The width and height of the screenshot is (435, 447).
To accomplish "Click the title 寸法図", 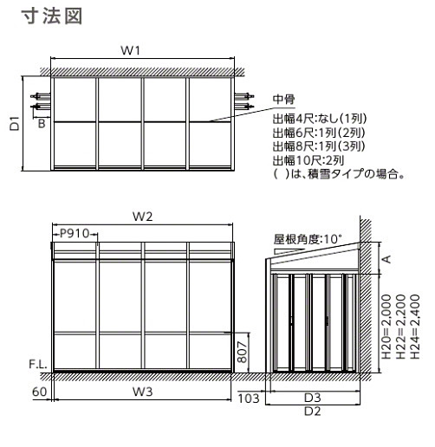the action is point(52,16).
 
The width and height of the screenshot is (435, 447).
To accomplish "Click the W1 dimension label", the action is point(131,50).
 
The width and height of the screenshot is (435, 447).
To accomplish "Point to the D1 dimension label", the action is point(15,124).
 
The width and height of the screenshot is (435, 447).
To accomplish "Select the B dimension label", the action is point(42,124).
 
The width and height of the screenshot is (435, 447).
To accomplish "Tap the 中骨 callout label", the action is point(284,100).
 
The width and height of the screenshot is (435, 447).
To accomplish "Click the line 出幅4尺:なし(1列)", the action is point(320,119).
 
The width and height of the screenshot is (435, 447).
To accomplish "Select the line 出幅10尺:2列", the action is point(308,160).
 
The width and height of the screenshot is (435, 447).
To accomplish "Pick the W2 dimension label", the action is point(142,217).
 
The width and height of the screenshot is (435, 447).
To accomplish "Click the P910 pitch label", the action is point(75,233).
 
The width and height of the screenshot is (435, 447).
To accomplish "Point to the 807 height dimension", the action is point(243,352).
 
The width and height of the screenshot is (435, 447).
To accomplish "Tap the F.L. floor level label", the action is point(38,365).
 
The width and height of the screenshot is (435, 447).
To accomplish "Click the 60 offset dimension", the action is point(39,392).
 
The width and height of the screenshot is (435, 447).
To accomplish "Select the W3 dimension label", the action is point(142,392).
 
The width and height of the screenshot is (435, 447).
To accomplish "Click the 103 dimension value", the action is point(249,398).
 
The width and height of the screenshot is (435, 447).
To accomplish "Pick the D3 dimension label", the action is point(313,398).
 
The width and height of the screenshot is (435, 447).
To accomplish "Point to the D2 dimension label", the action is point(313,411).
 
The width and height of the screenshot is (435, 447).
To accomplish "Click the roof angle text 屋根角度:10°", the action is point(308,239).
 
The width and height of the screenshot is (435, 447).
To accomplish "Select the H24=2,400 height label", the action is point(415,327).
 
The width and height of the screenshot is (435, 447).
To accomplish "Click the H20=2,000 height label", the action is point(386,327).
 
